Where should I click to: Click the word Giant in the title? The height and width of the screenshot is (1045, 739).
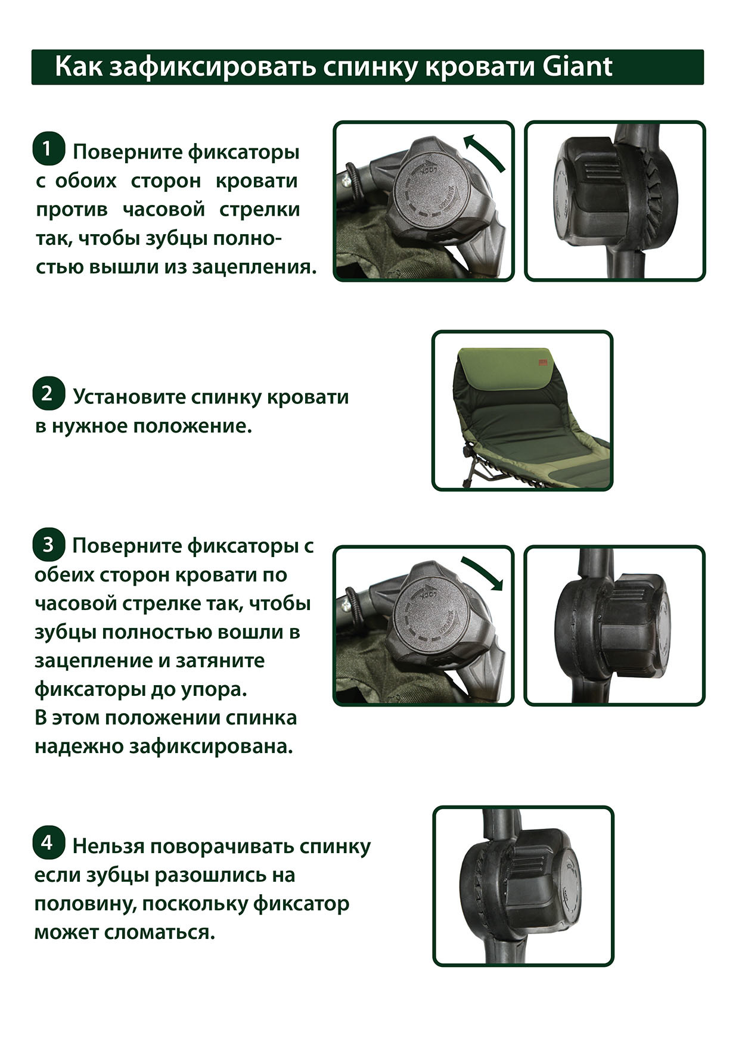click(577, 67)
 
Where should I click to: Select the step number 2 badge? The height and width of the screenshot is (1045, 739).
click(48, 394)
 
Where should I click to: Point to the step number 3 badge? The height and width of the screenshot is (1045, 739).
click(48, 544)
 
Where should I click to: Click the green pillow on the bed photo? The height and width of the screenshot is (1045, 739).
click(503, 368)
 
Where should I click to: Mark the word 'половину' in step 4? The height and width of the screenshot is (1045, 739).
click(84, 904)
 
